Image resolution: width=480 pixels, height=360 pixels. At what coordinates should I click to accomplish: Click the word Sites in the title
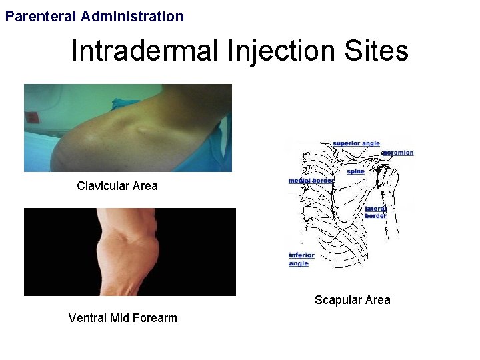(x=377, y=51)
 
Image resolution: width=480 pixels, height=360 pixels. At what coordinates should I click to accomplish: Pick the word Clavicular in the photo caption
(x=103, y=186)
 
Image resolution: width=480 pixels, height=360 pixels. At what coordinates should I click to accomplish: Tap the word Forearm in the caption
(x=155, y=318)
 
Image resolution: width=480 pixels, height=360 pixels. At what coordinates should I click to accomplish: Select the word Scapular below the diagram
(x=338, y=300)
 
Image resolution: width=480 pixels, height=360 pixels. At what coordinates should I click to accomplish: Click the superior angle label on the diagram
(x=356, y=143)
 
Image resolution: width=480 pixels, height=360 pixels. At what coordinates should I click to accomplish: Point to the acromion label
(x=398, y=153)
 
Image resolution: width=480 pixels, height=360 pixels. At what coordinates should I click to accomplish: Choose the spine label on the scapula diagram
(x=355, y=171)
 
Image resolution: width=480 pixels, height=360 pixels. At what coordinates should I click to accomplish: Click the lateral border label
(x=375, y=212)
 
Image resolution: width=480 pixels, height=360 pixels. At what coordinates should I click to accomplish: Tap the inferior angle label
(x=301, y=259)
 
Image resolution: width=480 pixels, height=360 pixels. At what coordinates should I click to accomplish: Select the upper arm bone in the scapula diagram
(x=391, y=200)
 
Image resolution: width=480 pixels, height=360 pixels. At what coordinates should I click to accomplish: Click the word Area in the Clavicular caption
(x=145, y=186)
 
